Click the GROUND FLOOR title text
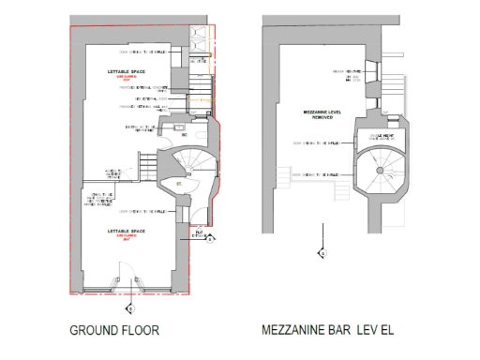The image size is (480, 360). [114, 330]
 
